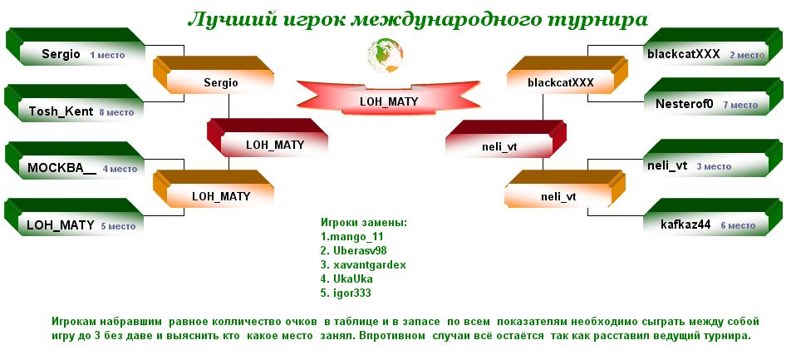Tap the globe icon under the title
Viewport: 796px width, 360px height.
tap(386, 54)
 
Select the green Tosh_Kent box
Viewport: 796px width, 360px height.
tap(75, 103)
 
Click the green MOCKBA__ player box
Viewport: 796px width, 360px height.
tap(75, 160)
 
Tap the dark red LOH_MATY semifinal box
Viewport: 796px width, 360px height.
tap(268, 138)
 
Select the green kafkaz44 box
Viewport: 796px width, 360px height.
tap(713, 217)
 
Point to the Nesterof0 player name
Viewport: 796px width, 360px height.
tap(685, 104)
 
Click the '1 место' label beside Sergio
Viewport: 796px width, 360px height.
tap(107, 55)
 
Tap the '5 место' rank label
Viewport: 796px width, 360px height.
tap(118, 226)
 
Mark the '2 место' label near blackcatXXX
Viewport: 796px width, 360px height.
tap(747, 55)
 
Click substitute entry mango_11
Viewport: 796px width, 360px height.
tap(352, 237)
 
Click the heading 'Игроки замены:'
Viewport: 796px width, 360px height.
tap(364, 222)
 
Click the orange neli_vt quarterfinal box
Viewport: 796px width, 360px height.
tap(558, 190)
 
